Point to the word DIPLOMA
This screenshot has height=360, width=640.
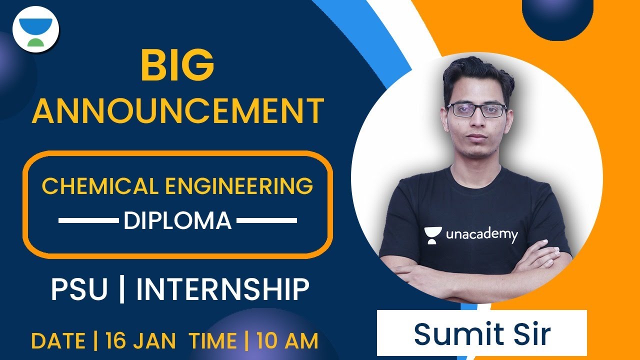point(177,220)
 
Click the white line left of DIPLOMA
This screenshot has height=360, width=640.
point(88,220)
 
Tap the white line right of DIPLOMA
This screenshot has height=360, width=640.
point(267,220)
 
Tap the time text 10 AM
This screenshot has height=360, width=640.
point(287,341)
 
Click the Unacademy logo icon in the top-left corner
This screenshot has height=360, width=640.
point(35,29)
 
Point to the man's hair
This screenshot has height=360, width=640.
point(477,75)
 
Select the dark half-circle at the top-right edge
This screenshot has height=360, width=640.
point(557,17)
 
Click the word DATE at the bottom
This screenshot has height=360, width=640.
point(58,341)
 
